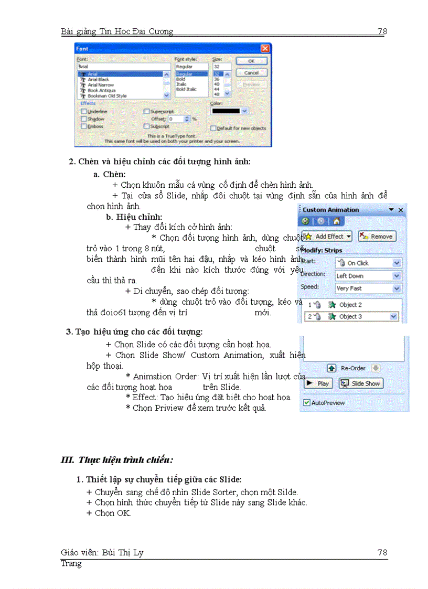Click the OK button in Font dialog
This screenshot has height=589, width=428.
click(x=251, y=61)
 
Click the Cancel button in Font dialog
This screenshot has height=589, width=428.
click(x=251, y=73)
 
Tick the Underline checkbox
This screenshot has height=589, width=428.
click(x=84, y=112)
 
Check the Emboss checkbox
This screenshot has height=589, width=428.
click(x=84, y=126)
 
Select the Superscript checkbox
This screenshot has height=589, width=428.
click(x=147, y=112)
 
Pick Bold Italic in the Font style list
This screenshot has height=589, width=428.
click(x=186, y=90)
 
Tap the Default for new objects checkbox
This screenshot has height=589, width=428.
click(x=213, y=128)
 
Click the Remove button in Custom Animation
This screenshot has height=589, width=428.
click(x=377, y=237)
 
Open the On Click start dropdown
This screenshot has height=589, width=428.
click(x=368, y=263)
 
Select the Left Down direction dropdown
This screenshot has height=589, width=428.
click(x=368, y=275)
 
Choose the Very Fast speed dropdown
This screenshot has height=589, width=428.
click(x=368, y=288)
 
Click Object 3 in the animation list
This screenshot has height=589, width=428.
click(x=350, y=317)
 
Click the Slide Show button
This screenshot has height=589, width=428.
click(x=361, y=383)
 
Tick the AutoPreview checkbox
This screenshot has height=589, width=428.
click(x=307, y=403)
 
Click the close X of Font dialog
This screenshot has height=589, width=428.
click(x=265, y=48)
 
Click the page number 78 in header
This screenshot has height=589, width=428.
click(x=382, y=31)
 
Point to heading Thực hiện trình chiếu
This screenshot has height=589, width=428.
click(x=117, y=461)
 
